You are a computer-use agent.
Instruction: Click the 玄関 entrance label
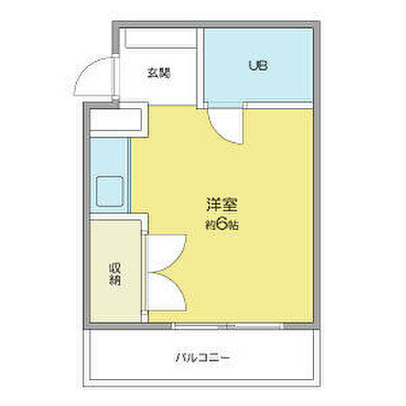coord(158,72)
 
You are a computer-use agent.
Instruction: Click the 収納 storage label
coord(114,274)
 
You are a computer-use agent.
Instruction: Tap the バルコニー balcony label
coord(203,358)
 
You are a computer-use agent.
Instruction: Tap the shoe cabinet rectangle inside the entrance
coord(158,39)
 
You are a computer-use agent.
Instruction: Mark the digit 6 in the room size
coord(222,225)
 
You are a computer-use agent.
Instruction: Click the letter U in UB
coord(251,65)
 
